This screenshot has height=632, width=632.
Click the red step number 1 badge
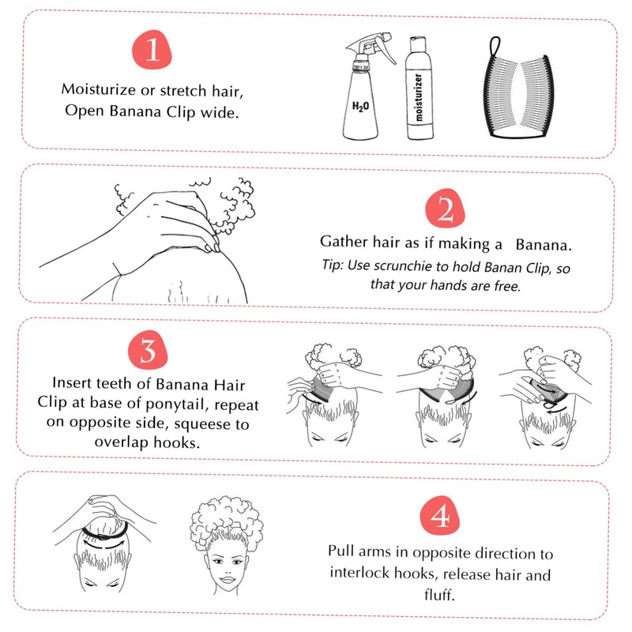tap(152, 50)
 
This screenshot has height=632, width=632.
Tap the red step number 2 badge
tap(446, 209)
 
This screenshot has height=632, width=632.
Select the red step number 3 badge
tap(148, 349)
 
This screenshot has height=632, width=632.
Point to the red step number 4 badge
tap(440, 516)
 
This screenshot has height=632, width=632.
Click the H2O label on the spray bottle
tap(360, 107)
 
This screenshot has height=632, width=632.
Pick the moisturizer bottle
tap(419, 88)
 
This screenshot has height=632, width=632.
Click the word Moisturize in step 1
tap(98, 89)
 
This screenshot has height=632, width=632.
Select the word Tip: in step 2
tap(332, 265)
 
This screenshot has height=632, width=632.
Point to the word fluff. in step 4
tap(439, 594)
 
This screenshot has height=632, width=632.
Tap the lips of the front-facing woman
tap(228, 580)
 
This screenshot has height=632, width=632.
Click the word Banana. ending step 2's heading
tap(544, 245)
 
